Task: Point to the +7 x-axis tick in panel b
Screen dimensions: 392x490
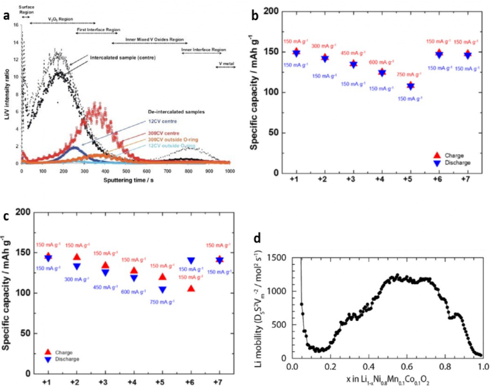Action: click(467, 183)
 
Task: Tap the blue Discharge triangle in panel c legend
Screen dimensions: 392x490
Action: click(47, 360)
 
